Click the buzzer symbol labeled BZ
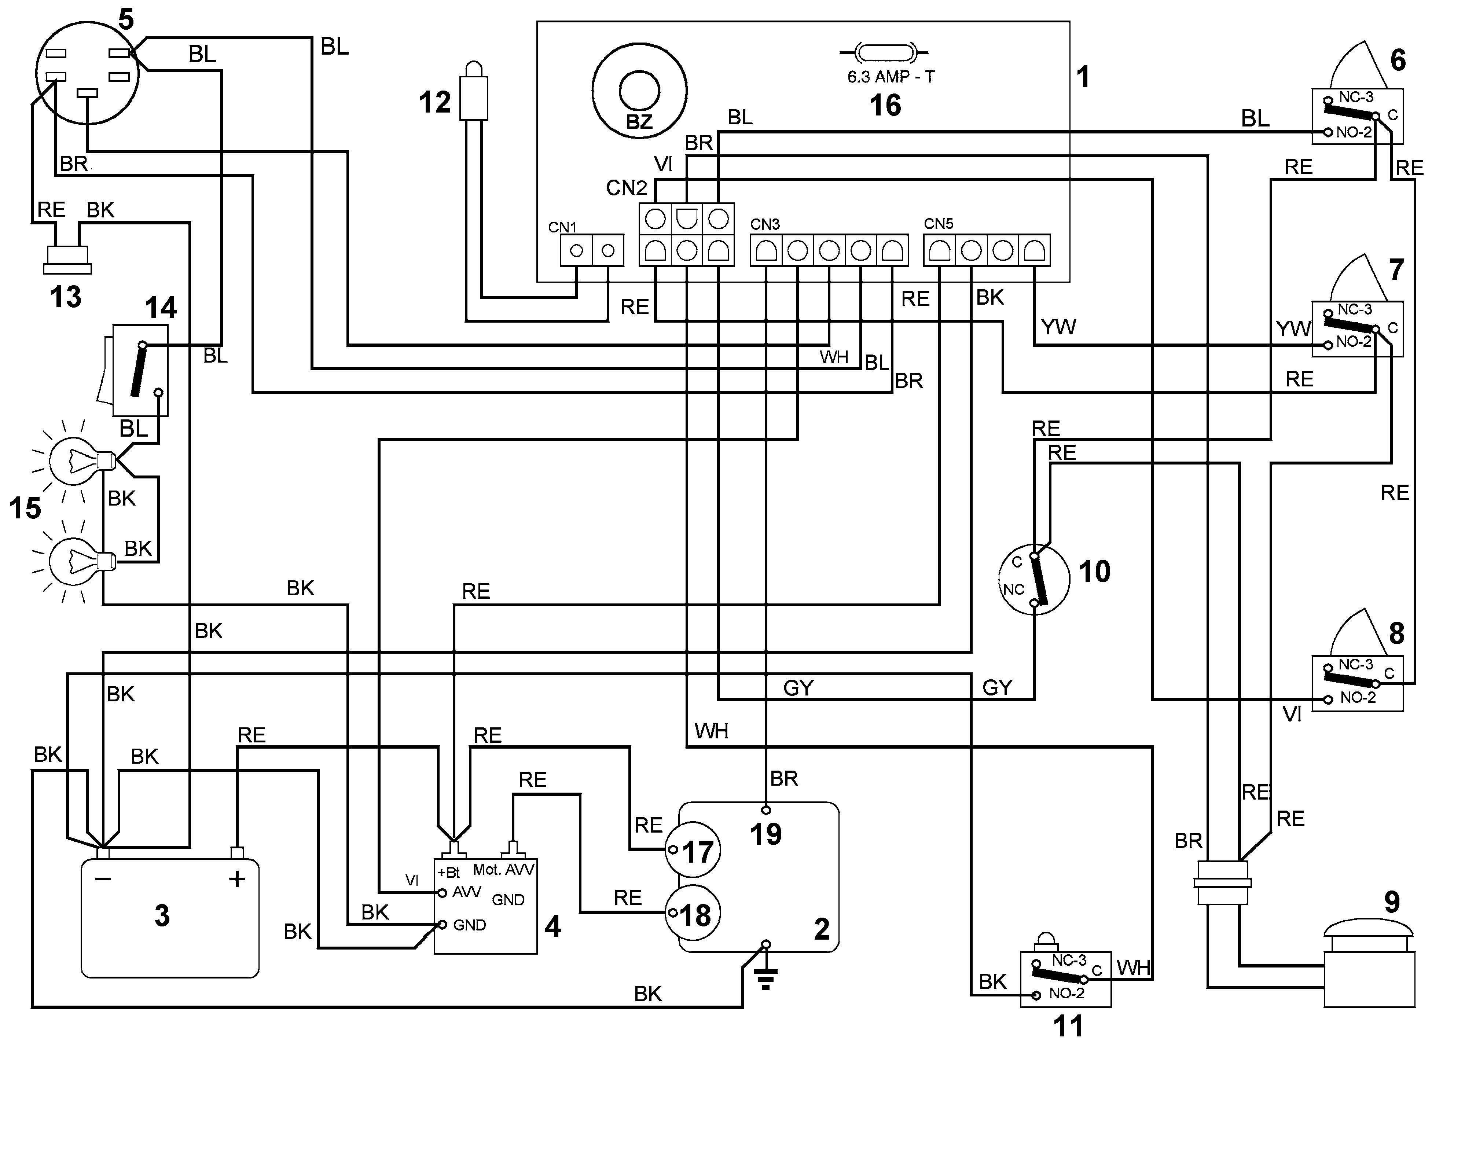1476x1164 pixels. (x=639, y=91)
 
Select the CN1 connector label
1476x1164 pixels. (x=562, y=227)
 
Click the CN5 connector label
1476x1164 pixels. (x=938, y=224)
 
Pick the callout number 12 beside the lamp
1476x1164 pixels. (x=435, y=102)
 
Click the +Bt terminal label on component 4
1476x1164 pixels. (x=448, y=872)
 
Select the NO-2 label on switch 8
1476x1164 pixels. (x=1358, y=698)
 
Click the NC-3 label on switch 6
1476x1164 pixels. (x=1356, y=98)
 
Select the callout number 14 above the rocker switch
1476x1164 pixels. (x=161, y=307)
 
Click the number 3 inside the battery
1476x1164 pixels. (x=162, y=915)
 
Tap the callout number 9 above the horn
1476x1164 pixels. (x=1392, y=902)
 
